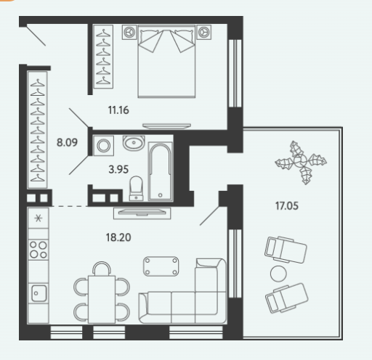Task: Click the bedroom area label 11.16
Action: pos(118,110)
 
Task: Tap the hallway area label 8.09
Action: pos(67,142)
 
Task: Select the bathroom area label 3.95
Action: pos(118,169)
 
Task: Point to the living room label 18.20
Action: pos(118,237)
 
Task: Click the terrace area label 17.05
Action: pos(287,206)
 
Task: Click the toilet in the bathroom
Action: pos(136,189)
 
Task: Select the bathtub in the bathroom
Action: pos(161,171)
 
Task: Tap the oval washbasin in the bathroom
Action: pos(134,142)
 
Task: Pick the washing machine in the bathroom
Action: pos(103,145)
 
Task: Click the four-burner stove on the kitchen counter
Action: pos(39,250)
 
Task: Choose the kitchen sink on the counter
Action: pos(39,293)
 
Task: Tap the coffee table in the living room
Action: pos(161,266)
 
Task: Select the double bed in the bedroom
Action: pos(166,61)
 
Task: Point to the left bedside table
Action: pos(129,32)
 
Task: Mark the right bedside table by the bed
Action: pos(203,32)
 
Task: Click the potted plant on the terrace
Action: pos(301,163)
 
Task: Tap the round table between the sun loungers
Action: pos(278,274)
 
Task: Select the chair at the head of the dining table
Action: pos(102,269)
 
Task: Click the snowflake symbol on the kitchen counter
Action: pos(39,218)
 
